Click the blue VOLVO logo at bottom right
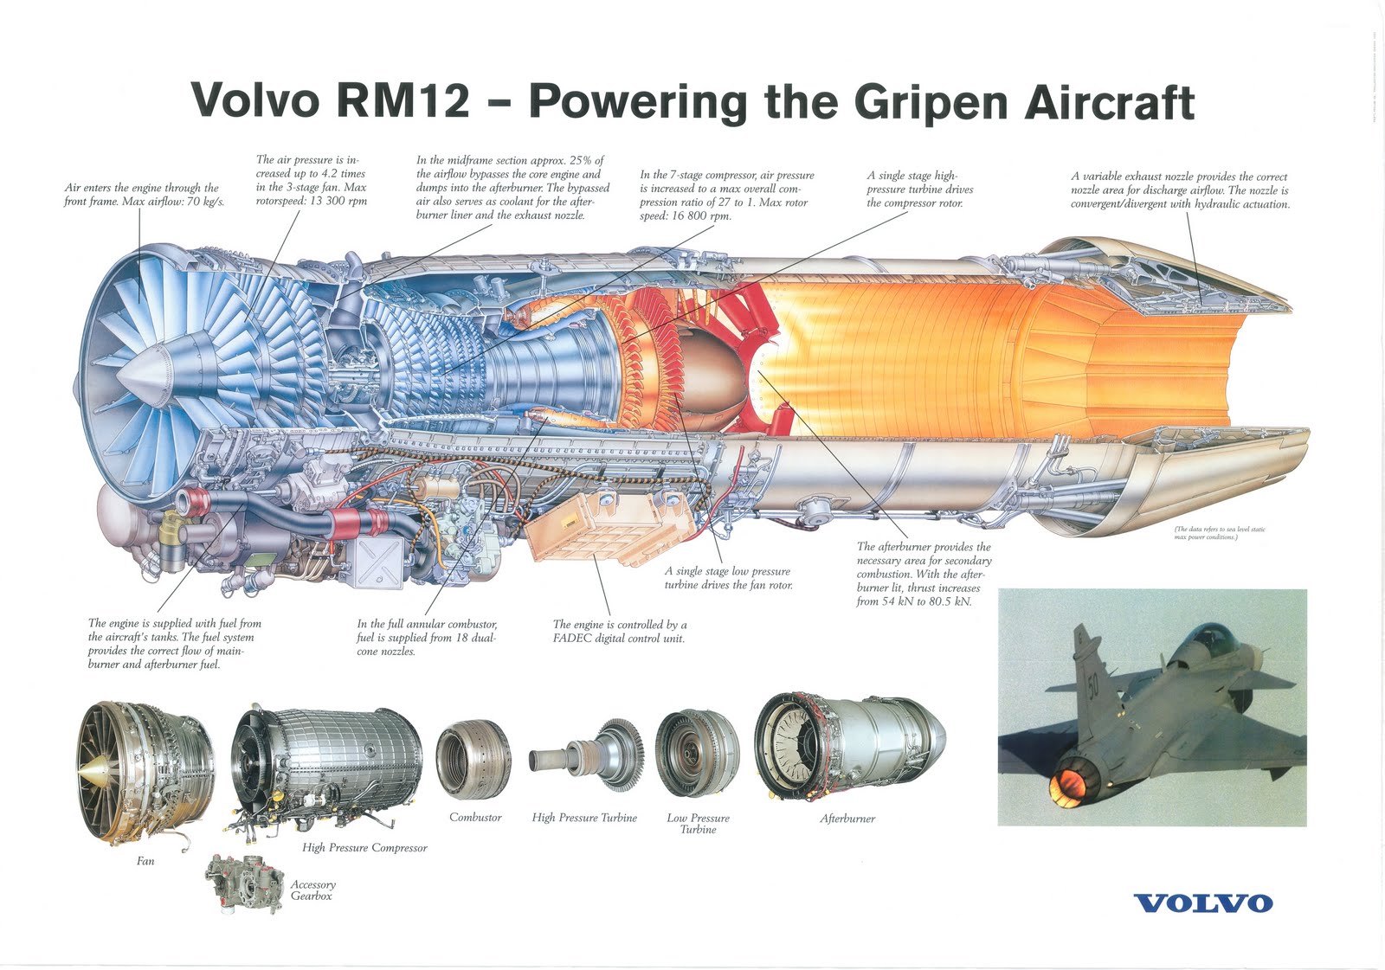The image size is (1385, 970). point(1203,903)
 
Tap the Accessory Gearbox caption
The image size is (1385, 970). point(312,890)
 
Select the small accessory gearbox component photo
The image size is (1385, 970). point(245,883)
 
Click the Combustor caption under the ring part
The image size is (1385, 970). point(475,817)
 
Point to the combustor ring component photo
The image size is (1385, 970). point(473,760)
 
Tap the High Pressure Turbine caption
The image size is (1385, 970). point(584,818)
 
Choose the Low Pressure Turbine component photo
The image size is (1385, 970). point(697,755)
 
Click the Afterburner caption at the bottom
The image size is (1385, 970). point(847,819)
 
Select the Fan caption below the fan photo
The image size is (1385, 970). point(145,861)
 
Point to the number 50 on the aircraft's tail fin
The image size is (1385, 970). point(1092,687)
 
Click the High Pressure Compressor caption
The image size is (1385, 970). point(364,848)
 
